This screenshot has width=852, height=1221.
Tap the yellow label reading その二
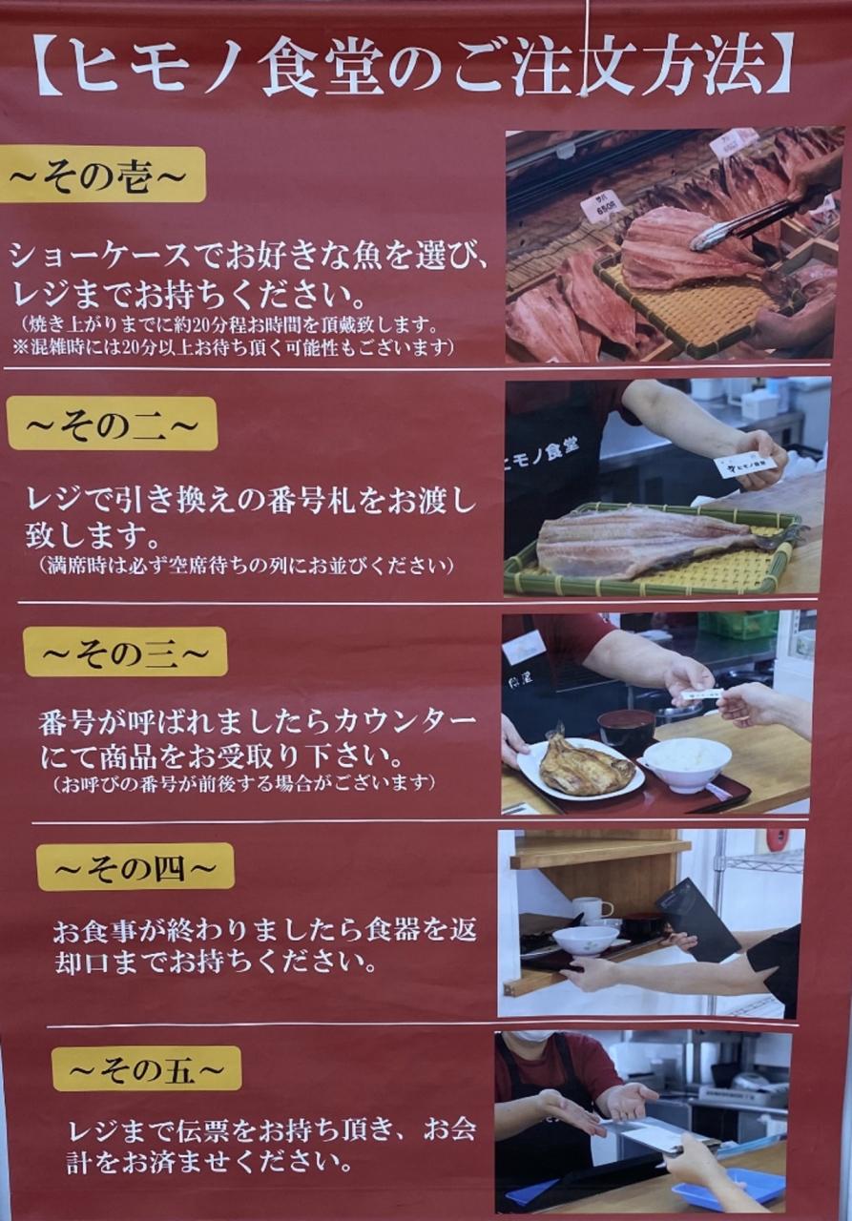[113, 424]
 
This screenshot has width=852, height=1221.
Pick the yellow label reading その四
[136, 867]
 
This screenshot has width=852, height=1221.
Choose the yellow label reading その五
[147, 1071]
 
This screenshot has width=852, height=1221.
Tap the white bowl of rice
[686, 763]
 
